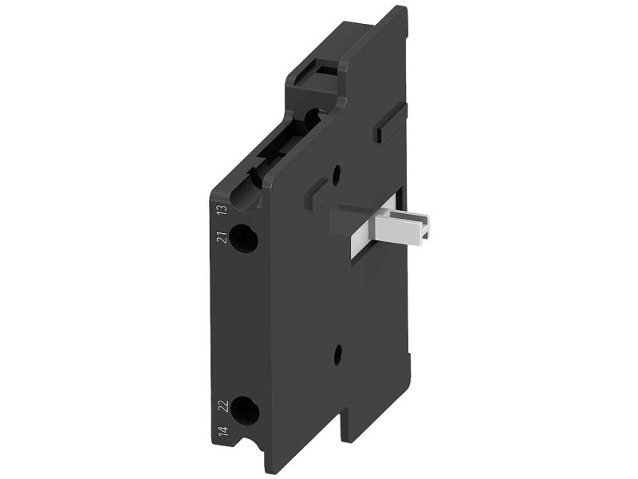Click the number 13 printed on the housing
coord(223,210)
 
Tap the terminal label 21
coord(223,237)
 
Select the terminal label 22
coord(223,407)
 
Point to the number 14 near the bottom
coord(223,432)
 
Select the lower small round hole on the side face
coord(337,355)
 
